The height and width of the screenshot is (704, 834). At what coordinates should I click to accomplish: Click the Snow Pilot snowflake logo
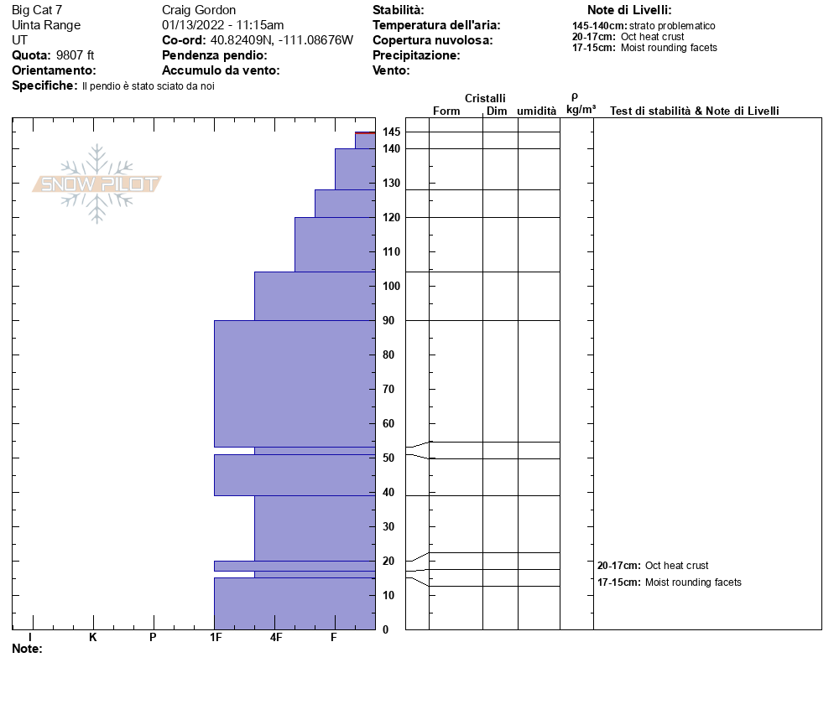click(97, 184)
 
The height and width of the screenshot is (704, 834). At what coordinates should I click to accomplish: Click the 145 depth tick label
click(391, 132)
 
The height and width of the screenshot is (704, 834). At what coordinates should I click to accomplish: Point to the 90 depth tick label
click(388, 320)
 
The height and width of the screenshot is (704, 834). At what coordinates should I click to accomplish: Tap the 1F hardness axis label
click(216, 638)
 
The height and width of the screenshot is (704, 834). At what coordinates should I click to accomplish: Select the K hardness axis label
click(93, 638)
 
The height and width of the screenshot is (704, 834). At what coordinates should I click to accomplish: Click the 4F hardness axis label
click(276, 638)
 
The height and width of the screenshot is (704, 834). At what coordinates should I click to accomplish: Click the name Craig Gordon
click(199, 10)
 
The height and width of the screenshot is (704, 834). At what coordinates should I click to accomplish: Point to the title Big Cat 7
click(37, 10)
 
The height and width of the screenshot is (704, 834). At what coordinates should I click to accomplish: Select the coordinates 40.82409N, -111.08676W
click(282, 40)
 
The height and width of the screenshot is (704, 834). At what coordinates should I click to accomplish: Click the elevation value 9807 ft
click(76, 55)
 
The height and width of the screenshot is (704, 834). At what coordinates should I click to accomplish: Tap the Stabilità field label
click(398, 10)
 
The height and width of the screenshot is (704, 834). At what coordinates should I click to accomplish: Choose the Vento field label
click(391, 70)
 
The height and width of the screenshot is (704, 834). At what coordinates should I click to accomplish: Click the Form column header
click(446, 111)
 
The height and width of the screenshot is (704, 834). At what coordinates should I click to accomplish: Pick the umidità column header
click(537, 111)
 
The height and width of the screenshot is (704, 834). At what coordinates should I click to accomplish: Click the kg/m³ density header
click(581, 109)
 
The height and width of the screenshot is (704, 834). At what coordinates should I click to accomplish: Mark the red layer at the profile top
click(365, 132)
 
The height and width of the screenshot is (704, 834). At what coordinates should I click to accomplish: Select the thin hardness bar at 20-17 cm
click(294, 566)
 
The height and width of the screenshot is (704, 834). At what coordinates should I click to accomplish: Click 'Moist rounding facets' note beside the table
click(693, 582)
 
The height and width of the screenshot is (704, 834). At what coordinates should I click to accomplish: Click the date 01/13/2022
click(194, 25)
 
